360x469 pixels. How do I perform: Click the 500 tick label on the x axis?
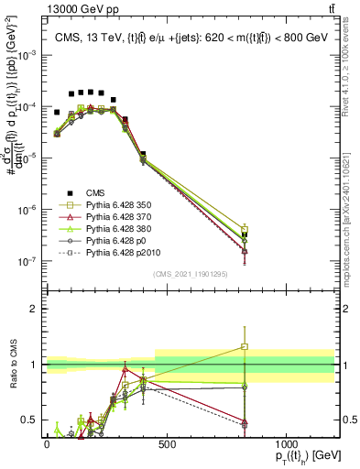click(x=167, y=444)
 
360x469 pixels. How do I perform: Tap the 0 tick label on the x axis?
click(x=47, y=444)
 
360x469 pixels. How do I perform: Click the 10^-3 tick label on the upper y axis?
click(x=25, y=55)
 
